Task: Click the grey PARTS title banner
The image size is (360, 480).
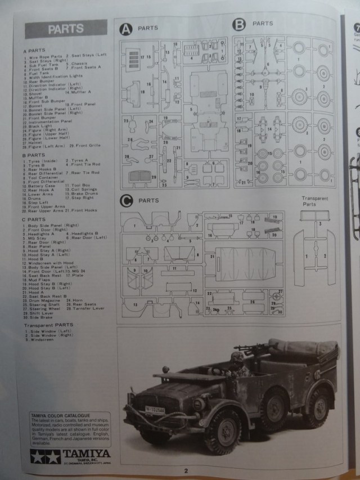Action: (66, 29)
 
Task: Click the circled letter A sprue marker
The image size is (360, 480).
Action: (126, 28)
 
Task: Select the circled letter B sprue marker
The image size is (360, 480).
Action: (240, 24)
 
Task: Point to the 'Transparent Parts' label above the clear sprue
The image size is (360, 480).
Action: (316, 201)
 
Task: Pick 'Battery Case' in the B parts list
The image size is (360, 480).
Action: (42, 185)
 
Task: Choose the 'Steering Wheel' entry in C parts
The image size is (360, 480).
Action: (43, 308)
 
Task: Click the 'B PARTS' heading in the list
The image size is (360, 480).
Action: (34, 155)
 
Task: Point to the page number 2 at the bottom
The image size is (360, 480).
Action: (185, 470)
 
